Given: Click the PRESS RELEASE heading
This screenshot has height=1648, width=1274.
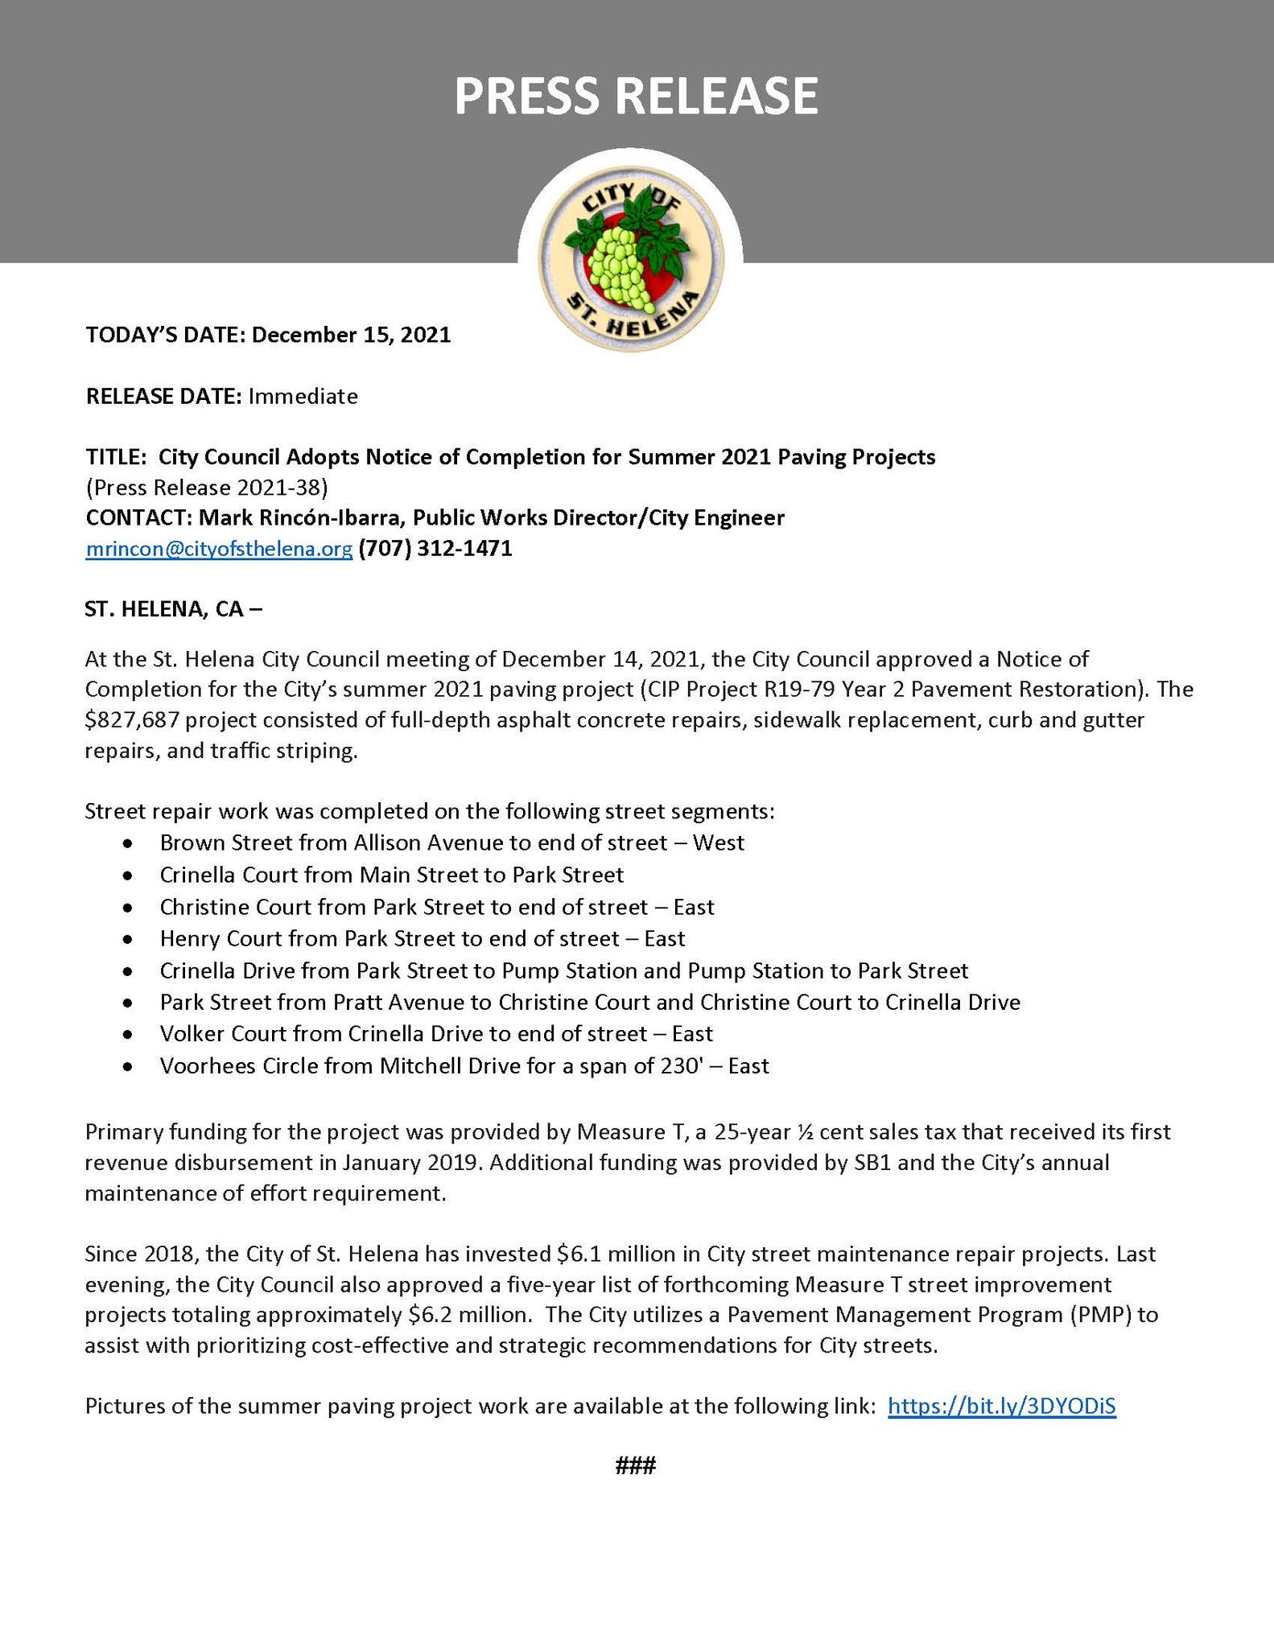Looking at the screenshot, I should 636,97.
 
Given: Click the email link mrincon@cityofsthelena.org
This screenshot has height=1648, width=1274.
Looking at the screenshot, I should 219,549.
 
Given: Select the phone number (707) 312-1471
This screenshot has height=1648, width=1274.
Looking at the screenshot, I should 435,549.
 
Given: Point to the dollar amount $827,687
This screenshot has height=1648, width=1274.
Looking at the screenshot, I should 134,720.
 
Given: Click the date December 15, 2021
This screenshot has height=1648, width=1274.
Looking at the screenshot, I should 351,335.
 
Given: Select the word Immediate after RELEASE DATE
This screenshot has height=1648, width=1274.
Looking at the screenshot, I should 303,396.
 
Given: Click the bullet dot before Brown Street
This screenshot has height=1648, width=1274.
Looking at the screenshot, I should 127,843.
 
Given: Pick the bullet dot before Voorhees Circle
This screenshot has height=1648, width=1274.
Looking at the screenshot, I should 127,1067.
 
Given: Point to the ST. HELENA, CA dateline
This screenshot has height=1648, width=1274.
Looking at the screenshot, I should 173,609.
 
